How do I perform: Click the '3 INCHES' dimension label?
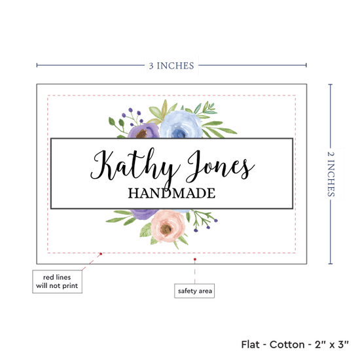(x=171, y=65)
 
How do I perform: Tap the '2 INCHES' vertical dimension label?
(x=331, y=174)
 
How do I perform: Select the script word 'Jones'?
(x=221, y=166)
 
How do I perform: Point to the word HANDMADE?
(x=171, y=193)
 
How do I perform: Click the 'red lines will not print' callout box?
(x=57, y=281)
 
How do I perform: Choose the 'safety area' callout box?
(x=194, y=291)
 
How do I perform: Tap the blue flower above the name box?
(x=181, y=124)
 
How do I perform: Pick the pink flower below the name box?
(x=168, y=226)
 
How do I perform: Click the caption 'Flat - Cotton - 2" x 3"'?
(x=295, y=344)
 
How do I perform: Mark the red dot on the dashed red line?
(x=101, y=254)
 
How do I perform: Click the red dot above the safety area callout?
(x=195, y=259)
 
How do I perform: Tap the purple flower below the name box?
(x=144, y=214)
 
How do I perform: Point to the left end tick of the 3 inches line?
(x=37, y=65)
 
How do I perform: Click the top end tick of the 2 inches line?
(x=331, y=84)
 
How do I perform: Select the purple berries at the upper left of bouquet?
(x=132, y=117)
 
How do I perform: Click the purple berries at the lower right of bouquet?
(x=206, y=225)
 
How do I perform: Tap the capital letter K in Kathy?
(x=101, y=165)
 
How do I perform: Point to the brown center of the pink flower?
(x=166, y=228)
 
